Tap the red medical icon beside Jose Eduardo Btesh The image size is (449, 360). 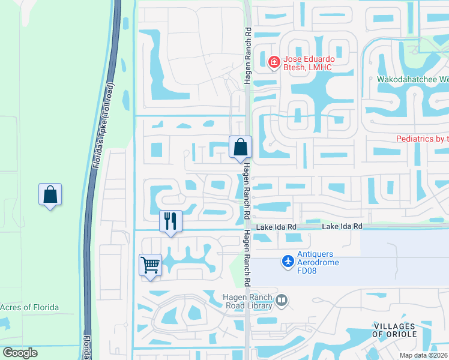(x=274, y=62)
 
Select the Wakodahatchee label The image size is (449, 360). (x=413, y=79)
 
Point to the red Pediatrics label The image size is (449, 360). (x=423, y=139)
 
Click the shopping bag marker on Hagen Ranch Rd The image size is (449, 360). (x=240, y=146)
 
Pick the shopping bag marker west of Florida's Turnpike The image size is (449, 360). (x=50, y=194)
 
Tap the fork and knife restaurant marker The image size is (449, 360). (x=170, y=221)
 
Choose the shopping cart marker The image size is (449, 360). (x=150, y=265)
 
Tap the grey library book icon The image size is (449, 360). (x=282, y=299)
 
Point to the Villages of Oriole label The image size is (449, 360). (x=394, y=329)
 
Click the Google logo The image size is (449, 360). (x=20, y=353)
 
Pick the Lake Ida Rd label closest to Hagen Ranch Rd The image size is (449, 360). (x=277, y=227)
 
